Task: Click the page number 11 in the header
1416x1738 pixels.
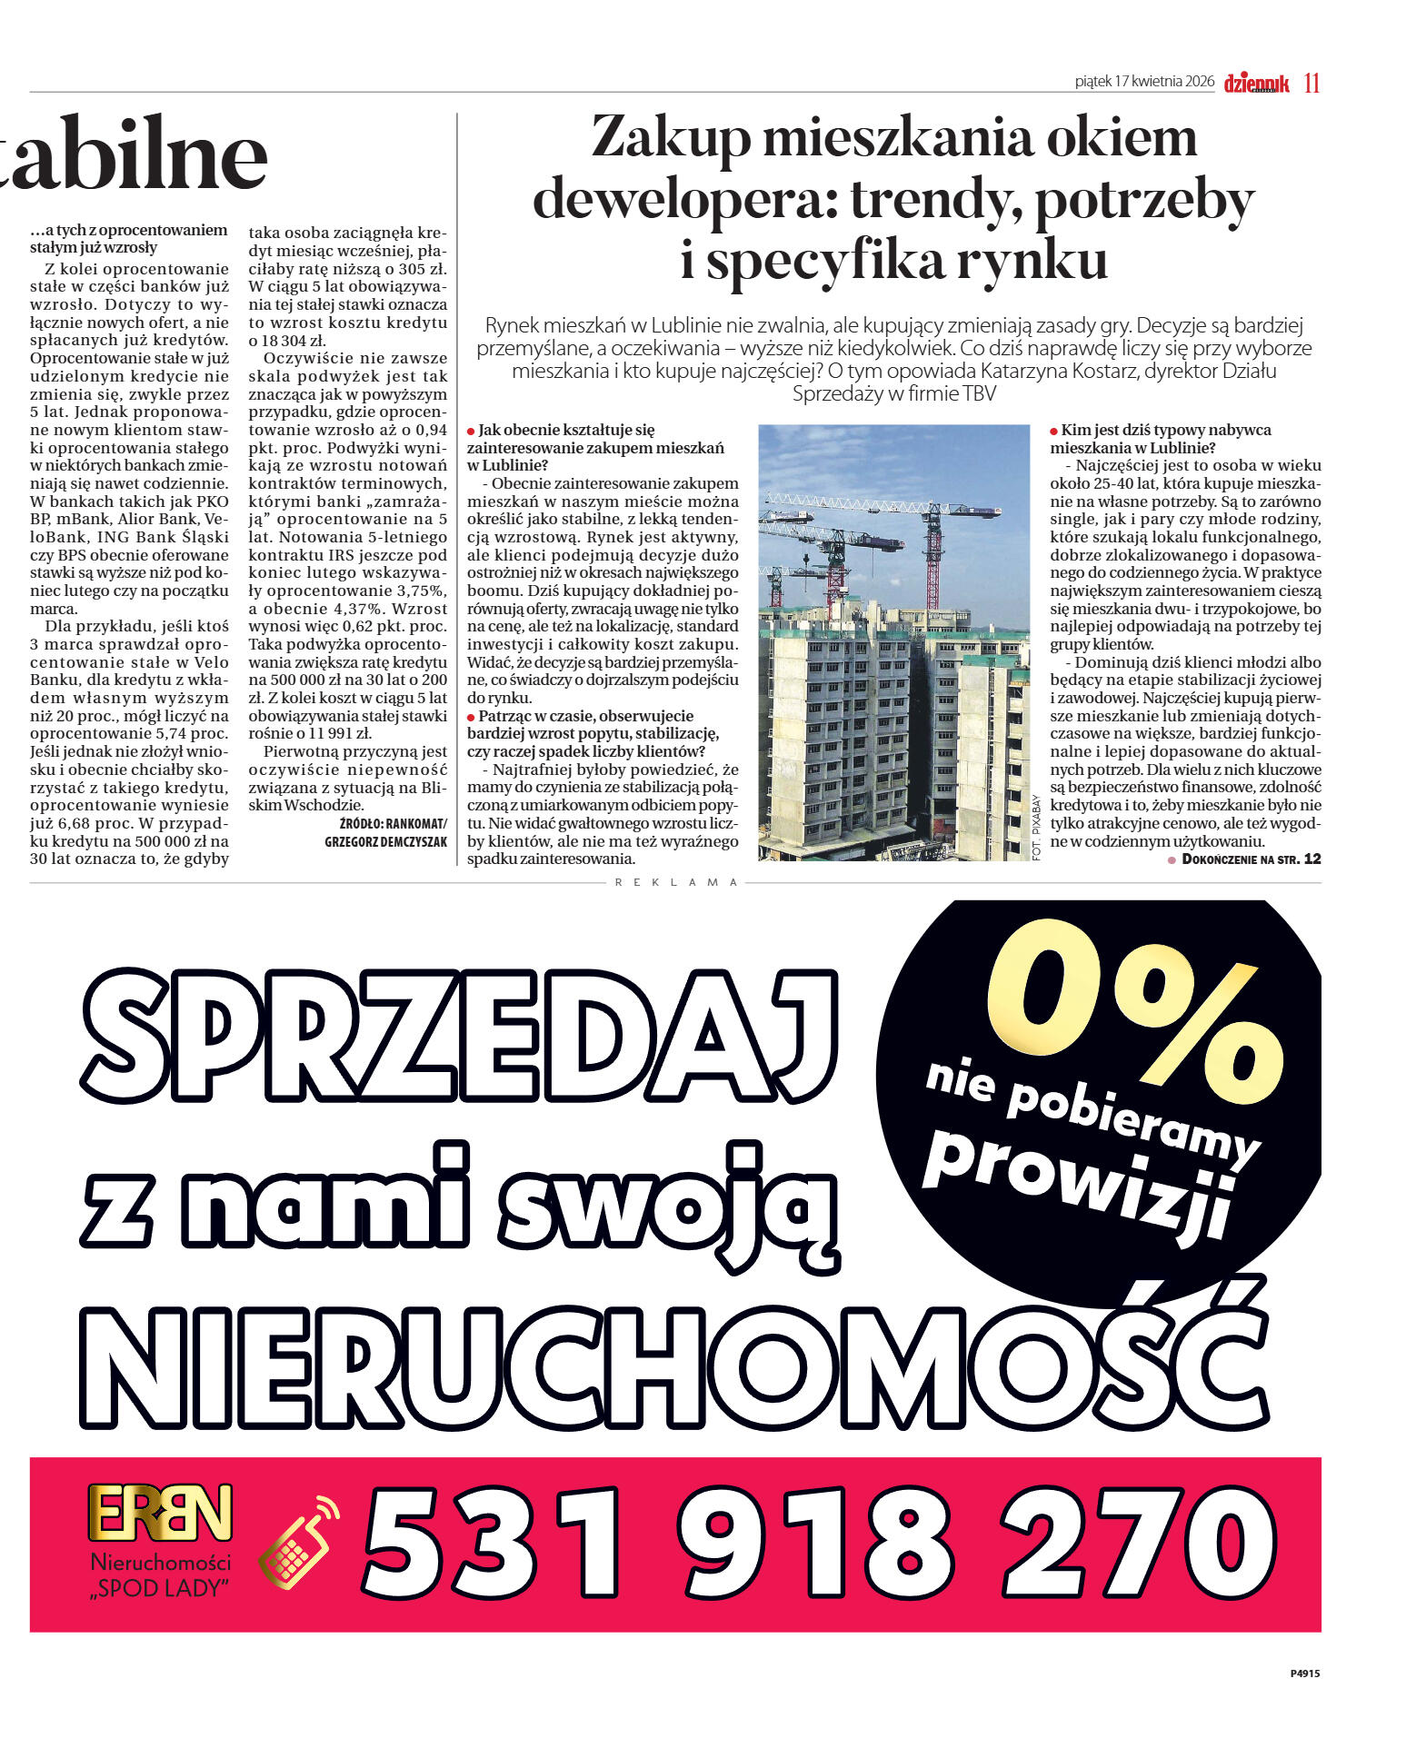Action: (1311, 83)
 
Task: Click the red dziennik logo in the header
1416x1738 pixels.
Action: (1256, 84)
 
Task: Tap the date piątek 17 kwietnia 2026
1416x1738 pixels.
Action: (1144, 82)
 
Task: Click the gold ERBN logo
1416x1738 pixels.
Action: (160, 1513)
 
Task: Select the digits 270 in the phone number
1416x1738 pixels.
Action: (1139, 1542)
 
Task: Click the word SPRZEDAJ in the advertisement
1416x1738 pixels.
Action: (459, 1035)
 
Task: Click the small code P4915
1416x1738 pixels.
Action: (1304, 1673)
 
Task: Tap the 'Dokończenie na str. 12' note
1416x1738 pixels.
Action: (1250, 859)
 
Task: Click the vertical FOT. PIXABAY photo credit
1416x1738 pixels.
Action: (1037, 827)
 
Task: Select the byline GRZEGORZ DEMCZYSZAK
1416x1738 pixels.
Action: (385, 842)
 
